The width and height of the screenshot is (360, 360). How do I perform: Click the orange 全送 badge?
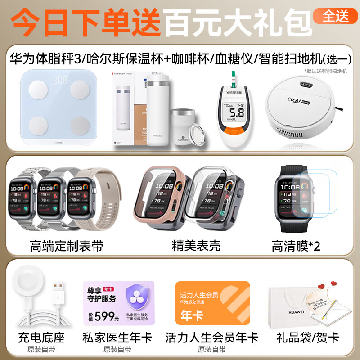(336, 16)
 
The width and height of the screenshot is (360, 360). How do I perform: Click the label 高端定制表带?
(67, 246)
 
